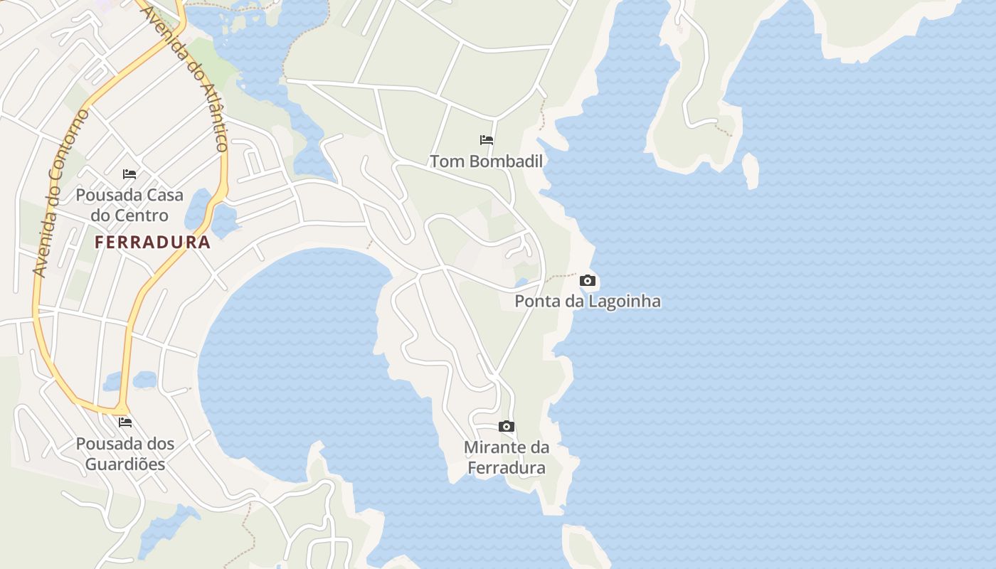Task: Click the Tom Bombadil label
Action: pyautogui.click(x=486, y=161)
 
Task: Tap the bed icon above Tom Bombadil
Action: pyautogui.click(x=487, y=139)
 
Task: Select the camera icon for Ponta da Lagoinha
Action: pyautogui.click(x=587, y=280)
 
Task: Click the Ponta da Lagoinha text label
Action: pyautogui.click(x=587, y=301)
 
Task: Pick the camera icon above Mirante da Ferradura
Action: pyautogui.click(x=507, y=427)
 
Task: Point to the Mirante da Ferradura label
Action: pyautogui.click(x=507, y=457)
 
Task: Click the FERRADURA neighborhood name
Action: pyautogui.click(x=153, y=243)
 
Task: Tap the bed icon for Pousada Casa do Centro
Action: pyautogui.click(x=129, y=174)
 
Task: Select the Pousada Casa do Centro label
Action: pyautogui.click(x=129, y=205)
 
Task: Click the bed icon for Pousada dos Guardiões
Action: pyautogui.click(x=125, y=422)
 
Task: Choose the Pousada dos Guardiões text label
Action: pyautogui.click(x=125, y=454)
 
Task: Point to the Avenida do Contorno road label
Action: pyautogui.click(x=61, y=192)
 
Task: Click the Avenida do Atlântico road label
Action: pyautogui.click(x=186, y=78)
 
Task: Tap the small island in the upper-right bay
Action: pyautogui.click(x=750, y=171)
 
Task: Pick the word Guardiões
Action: pyautogui.click(x=125, y=464)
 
